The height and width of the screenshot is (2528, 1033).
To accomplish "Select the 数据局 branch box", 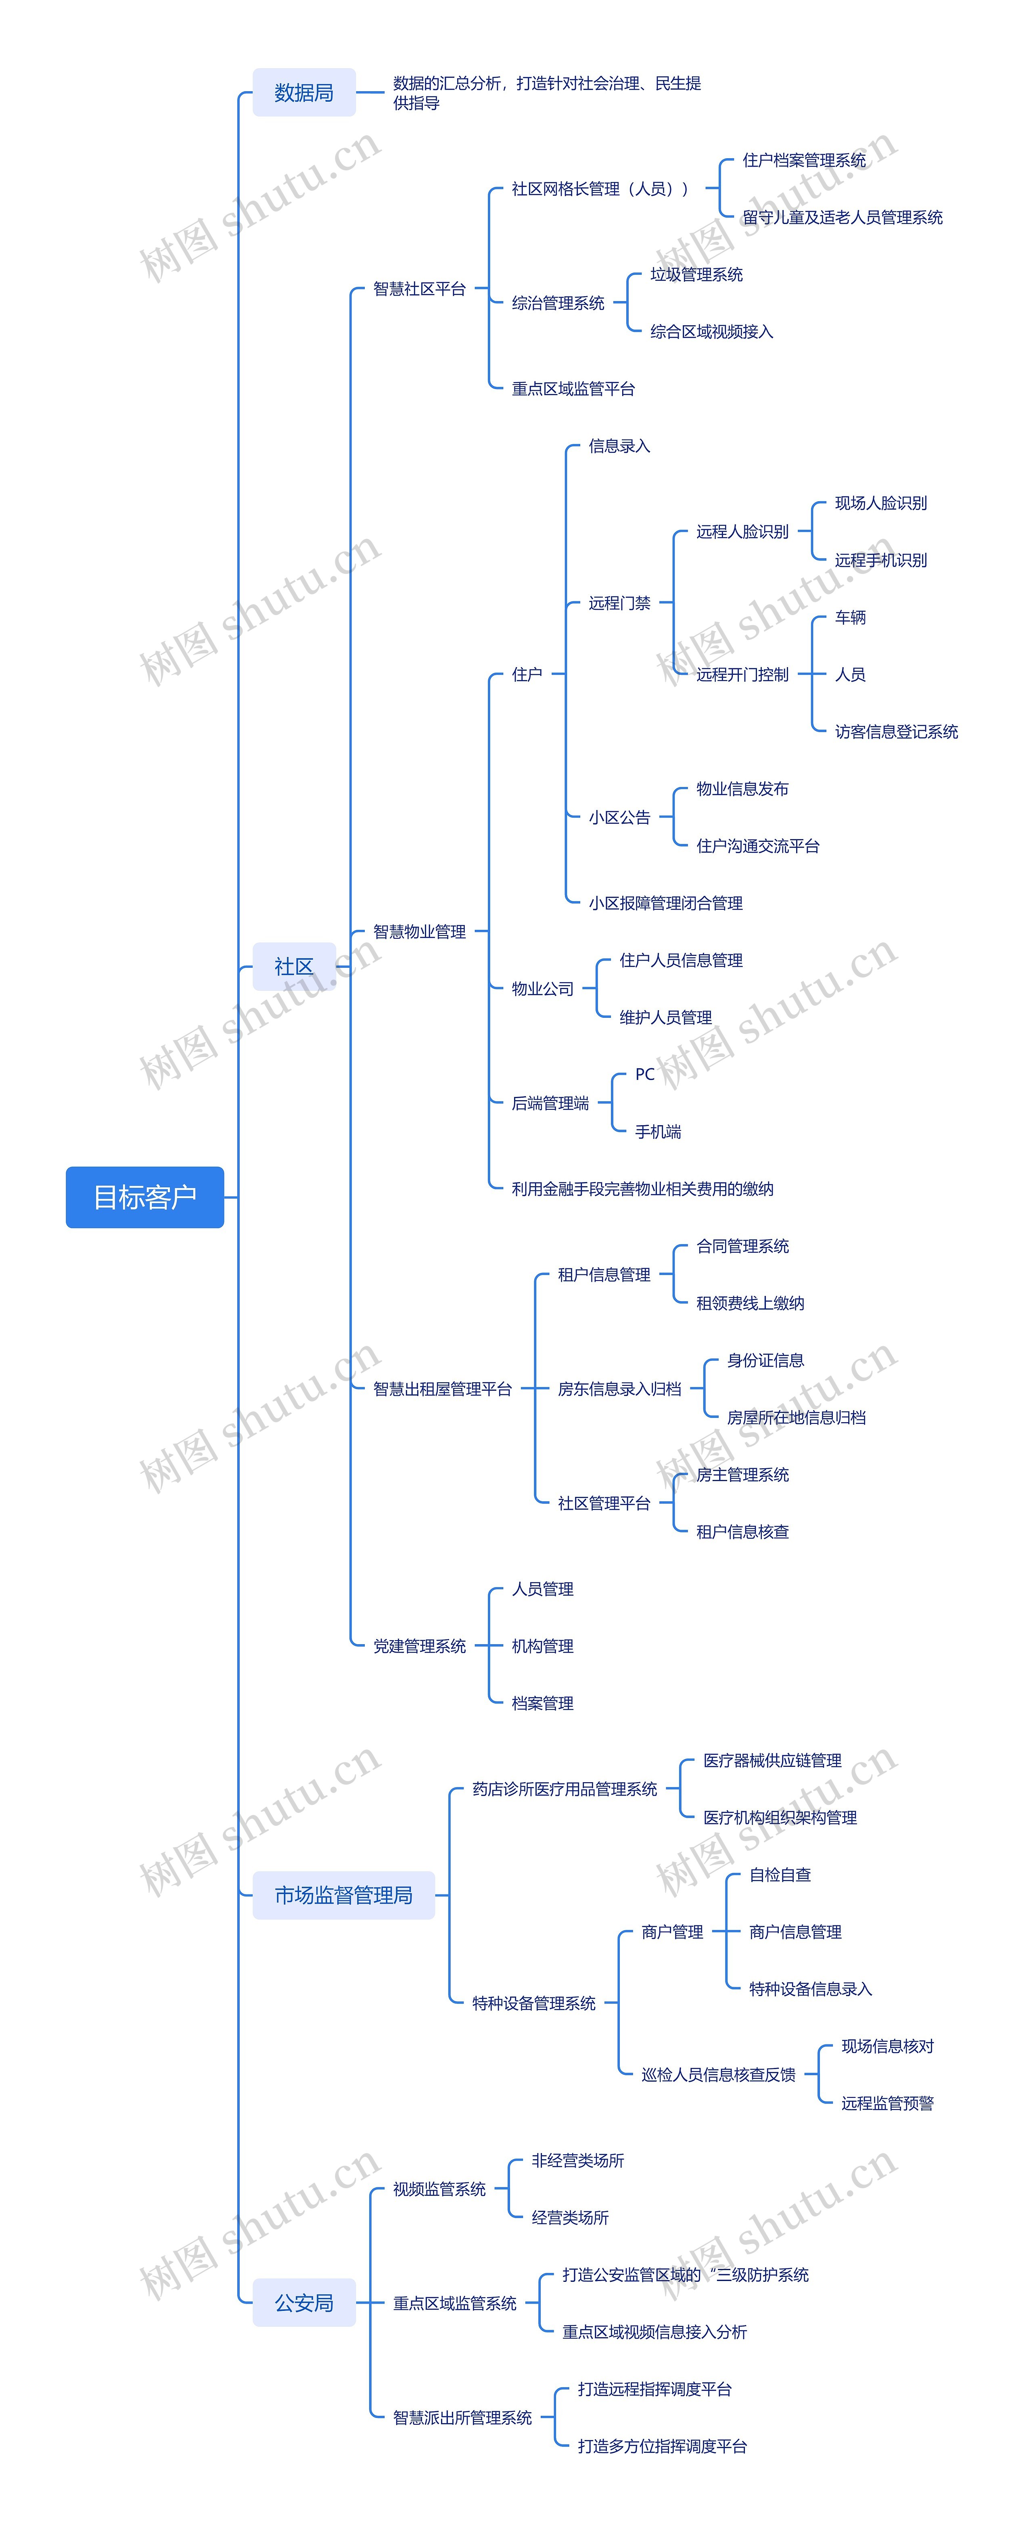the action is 303,92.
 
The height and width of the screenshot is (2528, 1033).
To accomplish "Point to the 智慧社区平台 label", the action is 419,289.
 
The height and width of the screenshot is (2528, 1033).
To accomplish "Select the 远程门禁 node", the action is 619,603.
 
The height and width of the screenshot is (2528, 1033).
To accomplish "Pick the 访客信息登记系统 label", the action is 896,731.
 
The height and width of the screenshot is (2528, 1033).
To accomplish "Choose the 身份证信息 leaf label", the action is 765,1360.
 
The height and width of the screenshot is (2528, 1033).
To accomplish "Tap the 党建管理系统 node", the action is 419,1646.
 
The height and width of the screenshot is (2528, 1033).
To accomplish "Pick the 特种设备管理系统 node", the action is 534,2003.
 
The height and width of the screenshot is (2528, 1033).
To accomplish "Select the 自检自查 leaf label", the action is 780,1875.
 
